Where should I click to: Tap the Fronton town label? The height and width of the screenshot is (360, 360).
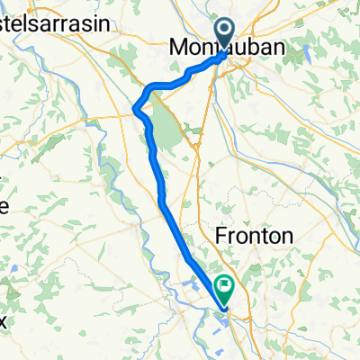(256, 236)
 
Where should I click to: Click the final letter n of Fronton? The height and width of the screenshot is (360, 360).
(288, 236)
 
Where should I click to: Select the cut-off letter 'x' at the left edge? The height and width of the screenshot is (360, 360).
(3, 320)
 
